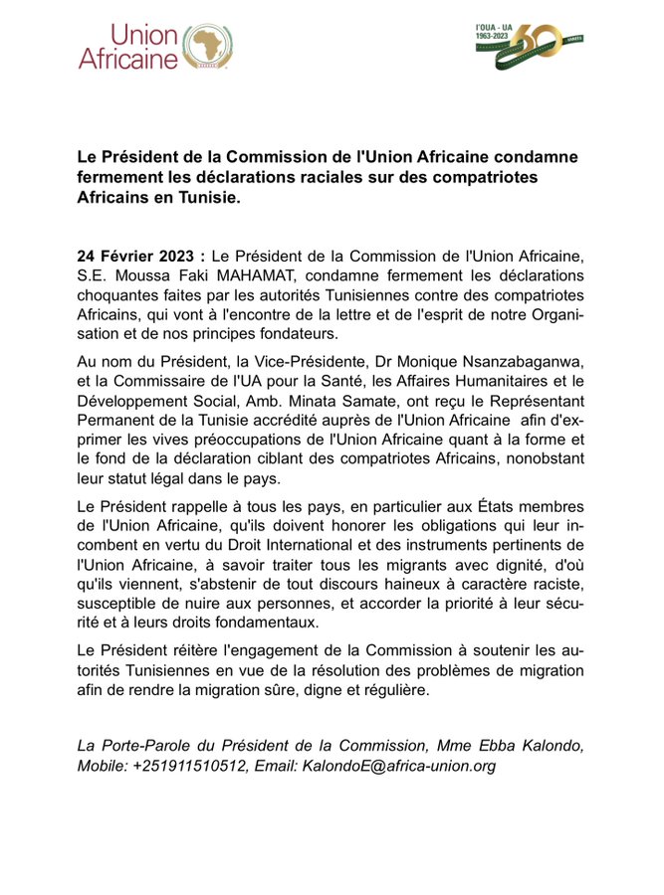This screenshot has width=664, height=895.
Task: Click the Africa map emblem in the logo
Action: click(206, 47)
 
